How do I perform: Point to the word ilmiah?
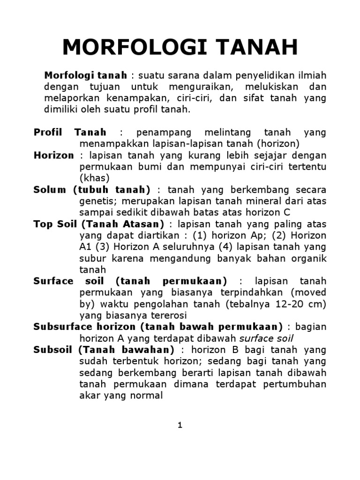tap(310, 75)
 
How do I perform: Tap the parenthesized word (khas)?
tap(94, 178)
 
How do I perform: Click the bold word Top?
tap(43, 224)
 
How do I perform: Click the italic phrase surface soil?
tap(266, 338)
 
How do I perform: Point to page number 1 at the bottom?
tap(180, 425)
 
